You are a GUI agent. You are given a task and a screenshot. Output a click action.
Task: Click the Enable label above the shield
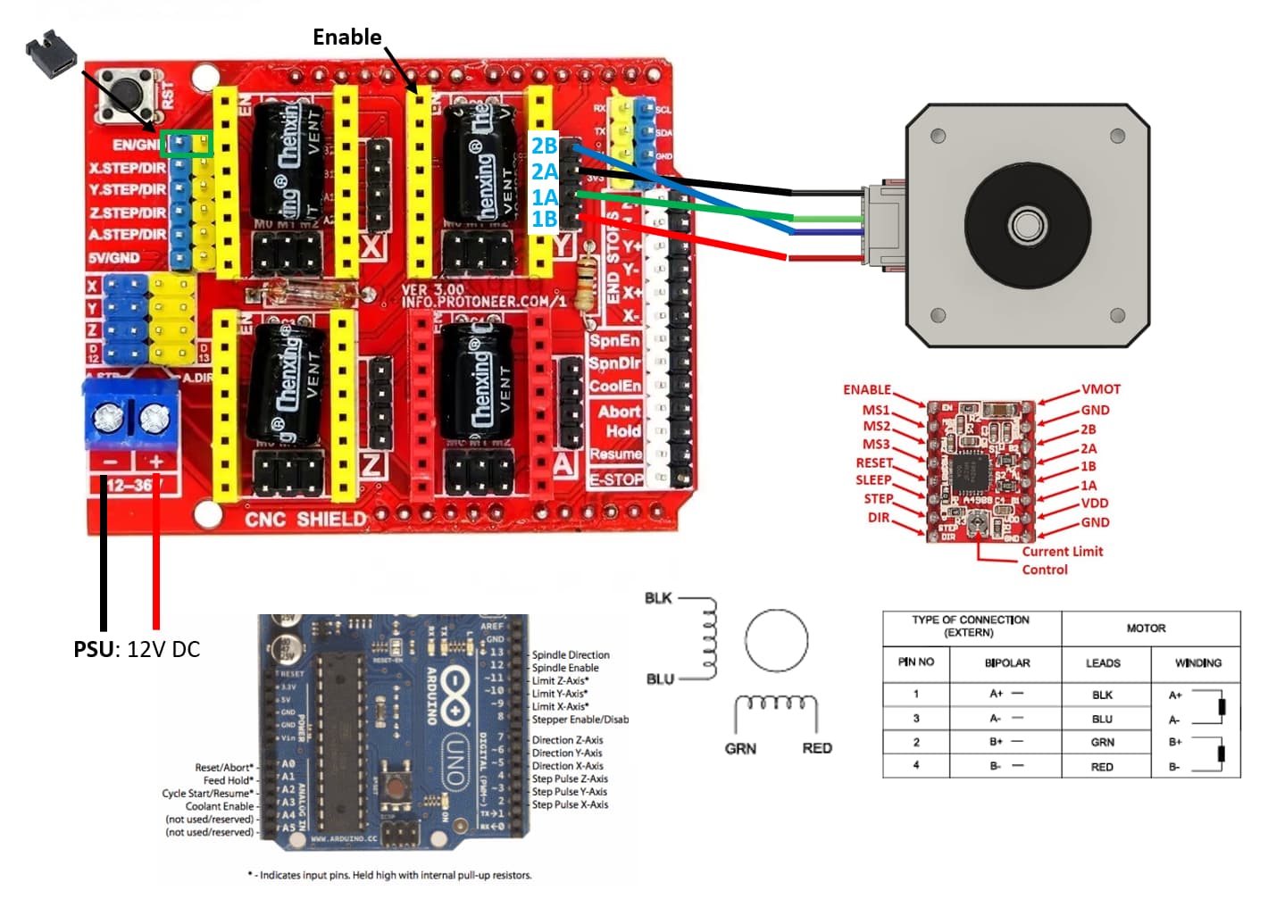(346, 37)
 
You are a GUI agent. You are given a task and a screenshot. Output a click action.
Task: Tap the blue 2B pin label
(544, 146)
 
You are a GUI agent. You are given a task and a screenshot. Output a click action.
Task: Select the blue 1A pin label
(544, 197)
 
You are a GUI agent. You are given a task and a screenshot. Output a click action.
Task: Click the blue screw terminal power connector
(131, 413)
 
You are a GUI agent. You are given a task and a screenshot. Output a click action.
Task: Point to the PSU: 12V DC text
(137, 649)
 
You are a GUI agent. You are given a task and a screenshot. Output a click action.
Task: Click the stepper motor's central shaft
(1026, 223)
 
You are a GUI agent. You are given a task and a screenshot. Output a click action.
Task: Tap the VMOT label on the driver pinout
(1101, 389)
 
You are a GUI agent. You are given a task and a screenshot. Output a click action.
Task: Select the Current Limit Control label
(1062, 561)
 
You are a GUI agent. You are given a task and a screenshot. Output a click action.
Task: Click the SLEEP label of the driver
(872, 480)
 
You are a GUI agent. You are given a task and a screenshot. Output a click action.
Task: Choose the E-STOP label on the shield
(615, 479)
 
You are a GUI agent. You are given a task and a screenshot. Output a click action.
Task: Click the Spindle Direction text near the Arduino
(571, 655)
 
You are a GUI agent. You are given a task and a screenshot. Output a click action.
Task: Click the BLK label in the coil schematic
(658, 598)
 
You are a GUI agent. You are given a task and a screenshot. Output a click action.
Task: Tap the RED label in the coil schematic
(816, 748)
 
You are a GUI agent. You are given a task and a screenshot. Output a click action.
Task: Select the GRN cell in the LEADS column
(1102, 742)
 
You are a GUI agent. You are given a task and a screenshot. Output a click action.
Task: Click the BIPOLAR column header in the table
(1006, 663)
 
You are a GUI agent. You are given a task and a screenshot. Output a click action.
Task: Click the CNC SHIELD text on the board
(305, 520)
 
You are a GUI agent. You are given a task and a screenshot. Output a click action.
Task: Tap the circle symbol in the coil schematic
(776, 641)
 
